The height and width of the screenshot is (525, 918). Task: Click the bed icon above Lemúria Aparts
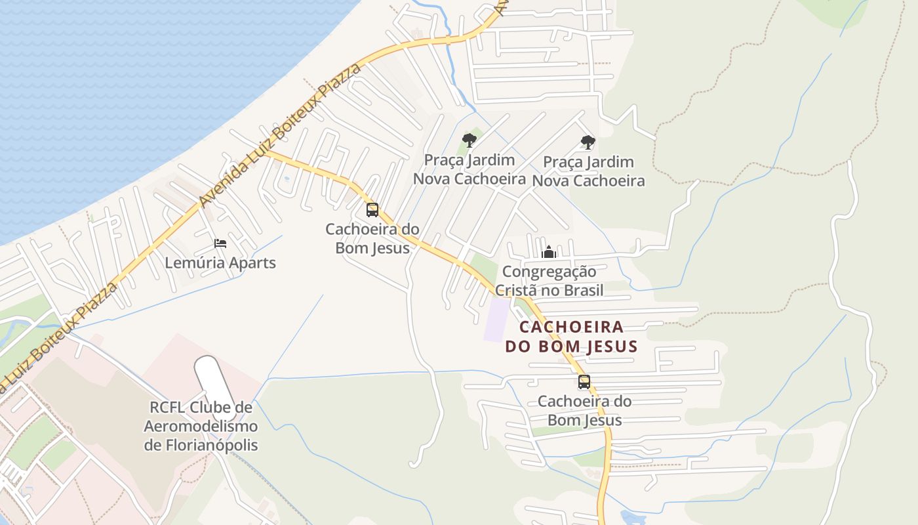click(220, 243)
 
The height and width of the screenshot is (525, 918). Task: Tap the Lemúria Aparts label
click(220, 263)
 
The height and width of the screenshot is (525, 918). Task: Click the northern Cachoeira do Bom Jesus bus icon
click(372, 210)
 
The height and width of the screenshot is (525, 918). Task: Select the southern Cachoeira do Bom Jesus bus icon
click(584, 382)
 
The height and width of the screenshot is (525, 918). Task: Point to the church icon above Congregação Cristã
click(549, 252)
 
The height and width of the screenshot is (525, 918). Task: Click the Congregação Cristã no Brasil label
click(549, 281)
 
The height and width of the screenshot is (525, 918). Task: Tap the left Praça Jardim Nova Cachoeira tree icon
click(469, 140)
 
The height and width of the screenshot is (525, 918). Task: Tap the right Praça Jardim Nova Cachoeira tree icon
click(588, 142)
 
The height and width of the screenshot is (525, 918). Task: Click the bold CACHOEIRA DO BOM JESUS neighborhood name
click(571, 337)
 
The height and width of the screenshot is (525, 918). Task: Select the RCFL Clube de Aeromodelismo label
click(201, 427)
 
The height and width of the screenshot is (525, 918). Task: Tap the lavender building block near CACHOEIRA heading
click(496, 320)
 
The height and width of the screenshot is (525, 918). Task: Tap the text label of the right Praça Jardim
click(588, 171)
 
